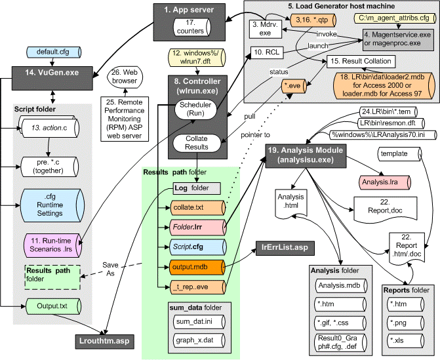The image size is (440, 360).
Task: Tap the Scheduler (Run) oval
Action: tap(196, 111)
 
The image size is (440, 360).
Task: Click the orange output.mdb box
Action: tap(191, 268)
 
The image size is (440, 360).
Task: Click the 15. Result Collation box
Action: tap(360, 62)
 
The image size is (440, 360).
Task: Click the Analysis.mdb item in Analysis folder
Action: tap(338, 285)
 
